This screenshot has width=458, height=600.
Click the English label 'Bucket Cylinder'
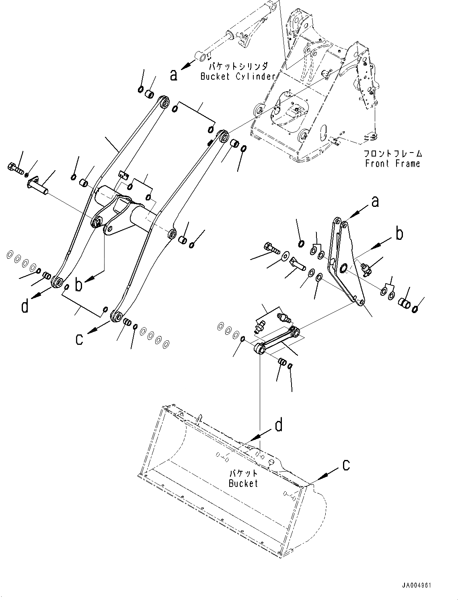[238, 76]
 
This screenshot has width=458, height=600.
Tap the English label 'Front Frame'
[392, 163]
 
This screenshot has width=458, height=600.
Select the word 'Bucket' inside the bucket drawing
[243, 483]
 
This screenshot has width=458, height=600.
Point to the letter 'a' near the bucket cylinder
[173, 74]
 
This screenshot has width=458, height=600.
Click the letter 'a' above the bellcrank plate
[375, 202]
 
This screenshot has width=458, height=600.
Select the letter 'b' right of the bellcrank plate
[399, 234]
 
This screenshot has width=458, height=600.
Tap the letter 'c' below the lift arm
[79, 339]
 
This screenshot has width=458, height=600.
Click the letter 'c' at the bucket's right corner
[346, 465]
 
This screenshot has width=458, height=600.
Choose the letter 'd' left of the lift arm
[25, 307]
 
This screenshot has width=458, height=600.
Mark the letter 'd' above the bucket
[278, 425]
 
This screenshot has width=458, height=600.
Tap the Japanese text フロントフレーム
[392, 153]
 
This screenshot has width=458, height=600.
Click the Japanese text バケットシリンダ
[238, 66]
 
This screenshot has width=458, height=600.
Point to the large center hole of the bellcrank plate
[344, 268]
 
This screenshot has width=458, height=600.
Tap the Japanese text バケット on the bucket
[243, 474]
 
